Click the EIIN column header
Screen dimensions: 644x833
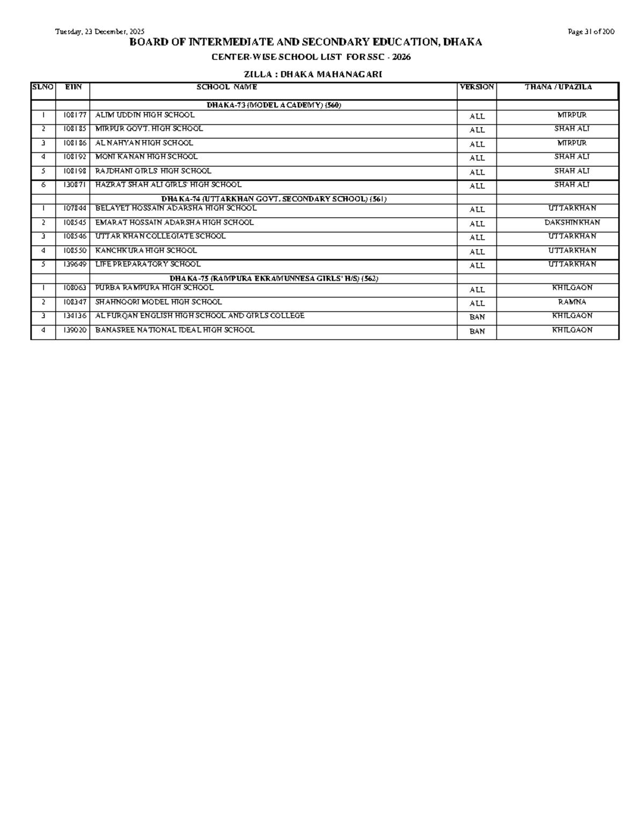coord(72,87)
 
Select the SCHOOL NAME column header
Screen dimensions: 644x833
coord(226,87)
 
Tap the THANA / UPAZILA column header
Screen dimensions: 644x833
coord(558,87)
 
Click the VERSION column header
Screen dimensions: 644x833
coord(477,87)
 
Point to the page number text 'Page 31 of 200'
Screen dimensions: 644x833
coord(591,32)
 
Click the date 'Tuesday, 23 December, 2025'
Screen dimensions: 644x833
coord(100,32)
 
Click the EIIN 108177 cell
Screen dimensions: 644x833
coord(72,115)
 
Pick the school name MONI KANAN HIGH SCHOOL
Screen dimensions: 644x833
coord(147,157)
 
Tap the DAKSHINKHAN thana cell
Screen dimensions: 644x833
coord(572,223)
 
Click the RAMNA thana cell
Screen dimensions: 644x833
coord(572,302)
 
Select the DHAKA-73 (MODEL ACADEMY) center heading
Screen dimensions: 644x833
coord(274,105)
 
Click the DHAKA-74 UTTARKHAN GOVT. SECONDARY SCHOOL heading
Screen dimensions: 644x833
coord(274,199)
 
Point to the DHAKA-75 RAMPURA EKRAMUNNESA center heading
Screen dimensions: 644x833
coord(274,278)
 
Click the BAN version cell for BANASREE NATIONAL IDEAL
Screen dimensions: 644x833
coord(477,331)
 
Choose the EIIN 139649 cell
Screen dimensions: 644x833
coord(72,264)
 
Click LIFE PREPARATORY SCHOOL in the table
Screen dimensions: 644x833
coord(148,264)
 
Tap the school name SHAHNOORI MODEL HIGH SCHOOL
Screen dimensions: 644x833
coord(158,302)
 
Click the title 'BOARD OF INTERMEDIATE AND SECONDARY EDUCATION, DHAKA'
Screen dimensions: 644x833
coord(305,42)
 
